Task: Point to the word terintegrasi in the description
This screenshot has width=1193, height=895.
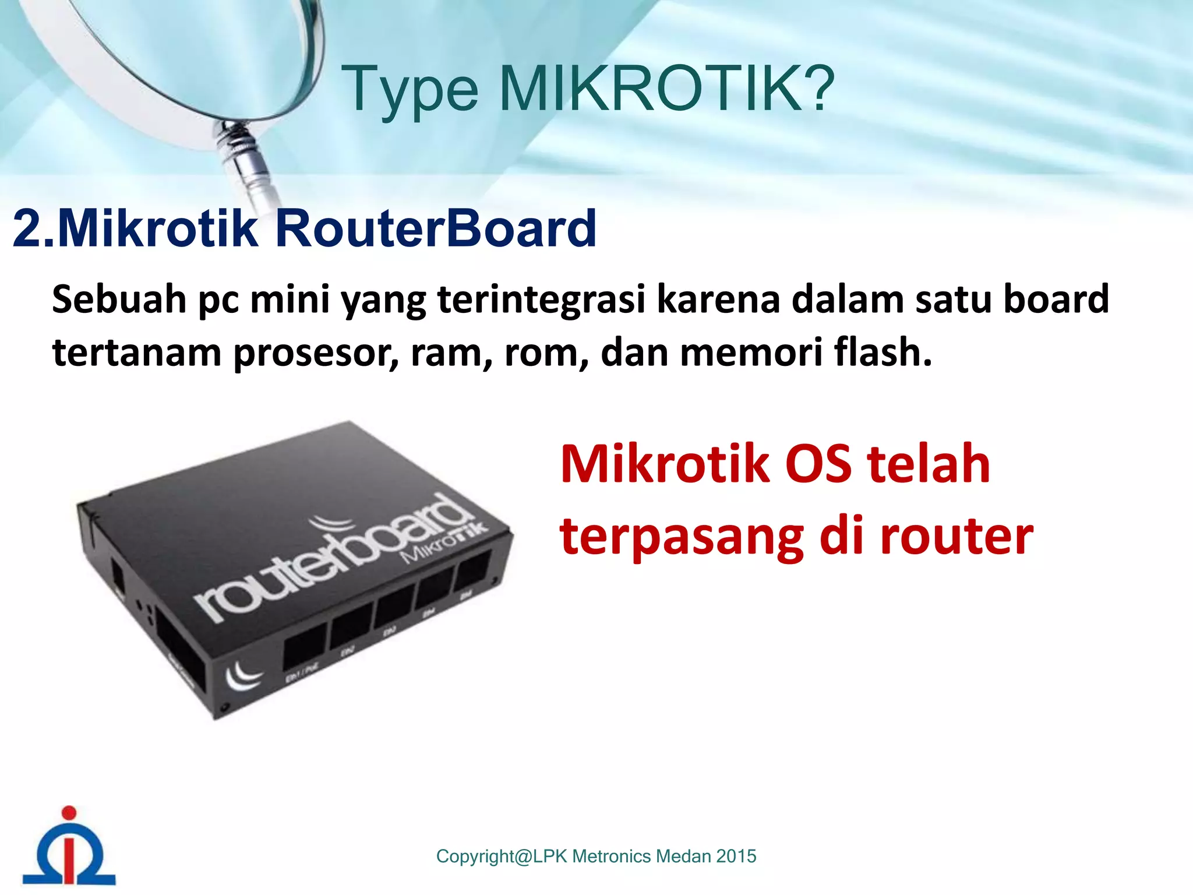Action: point(541,299)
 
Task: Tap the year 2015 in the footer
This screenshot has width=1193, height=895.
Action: point(736,856)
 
